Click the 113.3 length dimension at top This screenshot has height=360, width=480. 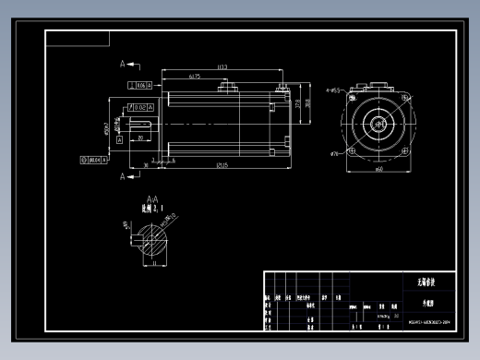tap(222, 67)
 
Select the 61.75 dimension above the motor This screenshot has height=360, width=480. tap(195, 76)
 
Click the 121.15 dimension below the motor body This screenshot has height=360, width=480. tap(222, 165)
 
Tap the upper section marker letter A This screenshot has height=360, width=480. tap(122, 65)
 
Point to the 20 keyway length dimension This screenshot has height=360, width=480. tap(139, 137)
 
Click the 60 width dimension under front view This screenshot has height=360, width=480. tap(378, 170)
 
